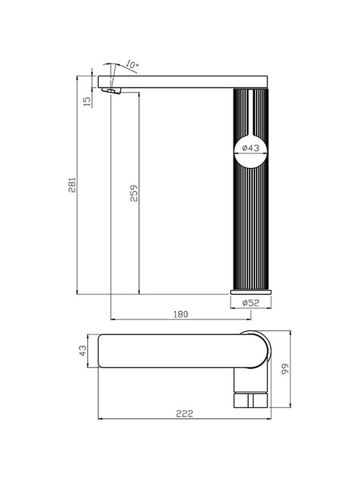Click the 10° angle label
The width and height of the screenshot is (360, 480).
132,64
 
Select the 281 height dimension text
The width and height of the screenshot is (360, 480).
72,185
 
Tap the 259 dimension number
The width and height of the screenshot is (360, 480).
134,193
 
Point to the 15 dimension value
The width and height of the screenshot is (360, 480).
87,101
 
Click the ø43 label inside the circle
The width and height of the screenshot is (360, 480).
251,148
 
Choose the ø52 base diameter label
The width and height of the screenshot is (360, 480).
251,303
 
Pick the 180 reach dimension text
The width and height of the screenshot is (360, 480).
181,314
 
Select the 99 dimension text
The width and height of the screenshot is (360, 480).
285,369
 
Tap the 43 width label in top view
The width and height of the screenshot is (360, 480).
83,350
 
